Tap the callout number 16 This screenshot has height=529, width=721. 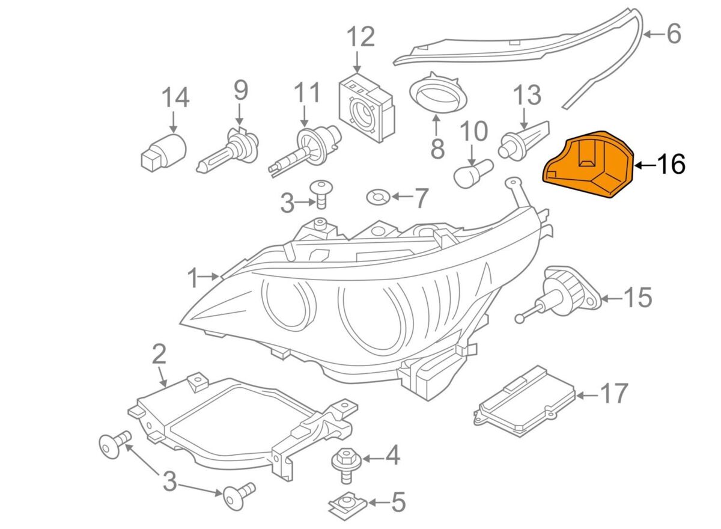tap(670, 164)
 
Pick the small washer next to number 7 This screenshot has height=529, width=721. tap(377, 196)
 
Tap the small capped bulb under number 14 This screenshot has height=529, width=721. tap(163, 150)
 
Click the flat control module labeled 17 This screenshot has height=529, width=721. tap(526, 400)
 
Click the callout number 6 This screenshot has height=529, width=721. tap(673, 34)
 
